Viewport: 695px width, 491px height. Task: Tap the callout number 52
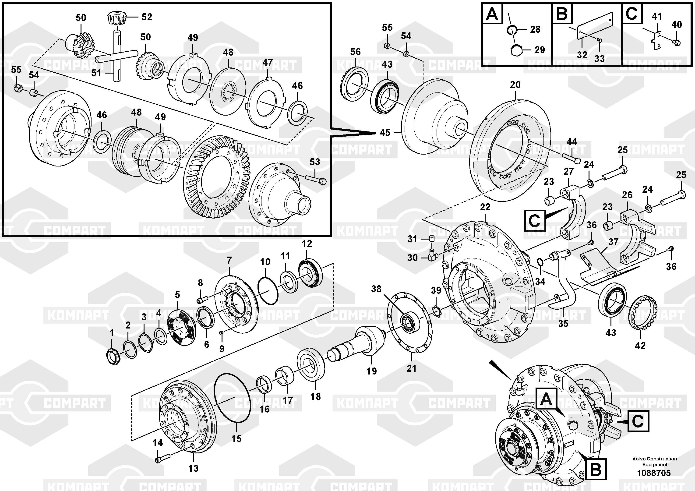click(147, 17)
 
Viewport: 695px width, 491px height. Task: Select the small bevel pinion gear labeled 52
click(116, 19)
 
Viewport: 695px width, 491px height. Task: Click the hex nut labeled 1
click(113, 356)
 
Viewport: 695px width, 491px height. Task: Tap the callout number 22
click(485, 207)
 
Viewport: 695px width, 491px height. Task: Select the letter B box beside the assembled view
click(596, 469)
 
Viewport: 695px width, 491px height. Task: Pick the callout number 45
click(385, 133)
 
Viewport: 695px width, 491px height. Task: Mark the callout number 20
click(515, 85)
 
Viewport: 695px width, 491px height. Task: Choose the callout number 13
click(193, 468)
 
